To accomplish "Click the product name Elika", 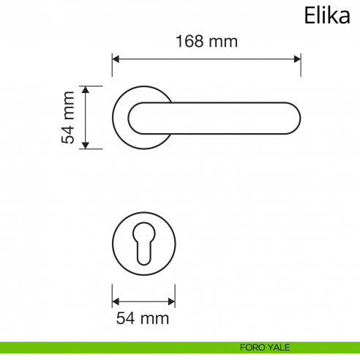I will pos(326,16).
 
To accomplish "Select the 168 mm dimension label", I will pos(206,42).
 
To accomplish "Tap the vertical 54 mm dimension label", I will pos(69,117).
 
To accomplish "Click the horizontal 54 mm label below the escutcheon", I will pos(143,318).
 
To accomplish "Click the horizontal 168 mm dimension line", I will pos(206,58).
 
